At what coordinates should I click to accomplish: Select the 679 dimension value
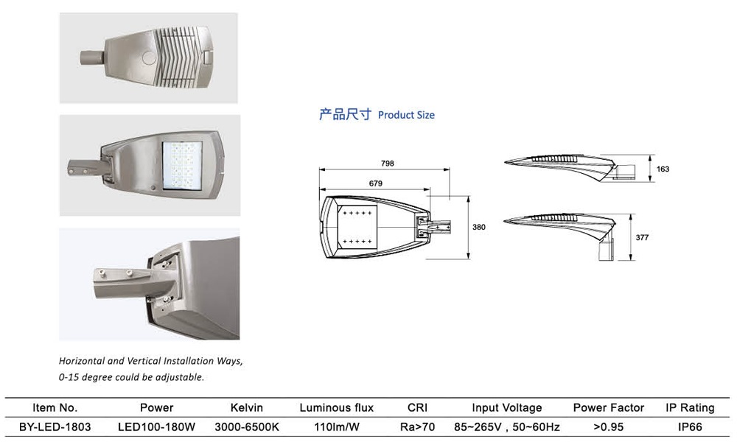[x=376, y=183]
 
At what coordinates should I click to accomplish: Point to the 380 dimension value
[x=479, y=228]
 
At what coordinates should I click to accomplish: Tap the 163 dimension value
[x=663, y=169]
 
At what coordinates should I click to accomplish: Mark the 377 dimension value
[x=642, y=238]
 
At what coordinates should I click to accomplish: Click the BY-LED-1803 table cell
[x=55, y=427]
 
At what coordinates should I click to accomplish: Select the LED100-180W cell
[x=156, y=427]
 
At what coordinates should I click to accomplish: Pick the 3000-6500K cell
[x=247, y=427]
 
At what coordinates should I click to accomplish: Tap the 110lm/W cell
[x=336, y=427]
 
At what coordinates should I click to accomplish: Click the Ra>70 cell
[x=418, y=427]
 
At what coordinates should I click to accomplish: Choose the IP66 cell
[x=690, y=427]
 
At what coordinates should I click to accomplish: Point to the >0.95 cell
[x=608, y=427]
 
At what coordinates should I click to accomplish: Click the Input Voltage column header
[x=507, y=407]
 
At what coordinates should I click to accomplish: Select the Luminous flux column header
[x=336, y=407]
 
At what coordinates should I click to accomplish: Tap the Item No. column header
[x=55, y=407]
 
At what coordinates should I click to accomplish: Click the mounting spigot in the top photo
[x=90, y=57]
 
